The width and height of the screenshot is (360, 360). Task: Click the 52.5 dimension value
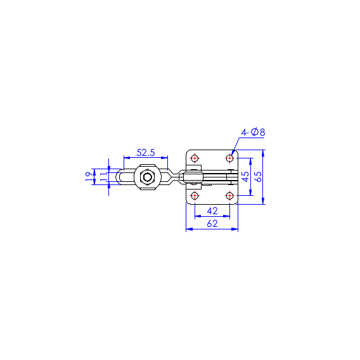coord(146,153)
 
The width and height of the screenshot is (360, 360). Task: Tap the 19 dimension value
coord(89,177)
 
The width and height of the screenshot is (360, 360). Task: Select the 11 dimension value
coord(103,177)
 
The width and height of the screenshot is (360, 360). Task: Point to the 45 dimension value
coord(245,177)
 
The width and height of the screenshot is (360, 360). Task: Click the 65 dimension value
coord(259,177)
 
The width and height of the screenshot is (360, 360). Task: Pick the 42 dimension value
coord(212,211)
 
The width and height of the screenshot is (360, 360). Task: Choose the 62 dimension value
coord(212,224)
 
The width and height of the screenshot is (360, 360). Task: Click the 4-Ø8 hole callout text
coord(254,132)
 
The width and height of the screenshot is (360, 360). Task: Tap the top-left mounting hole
coord(195,158)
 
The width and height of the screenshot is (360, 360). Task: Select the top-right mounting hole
coord(229,158)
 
